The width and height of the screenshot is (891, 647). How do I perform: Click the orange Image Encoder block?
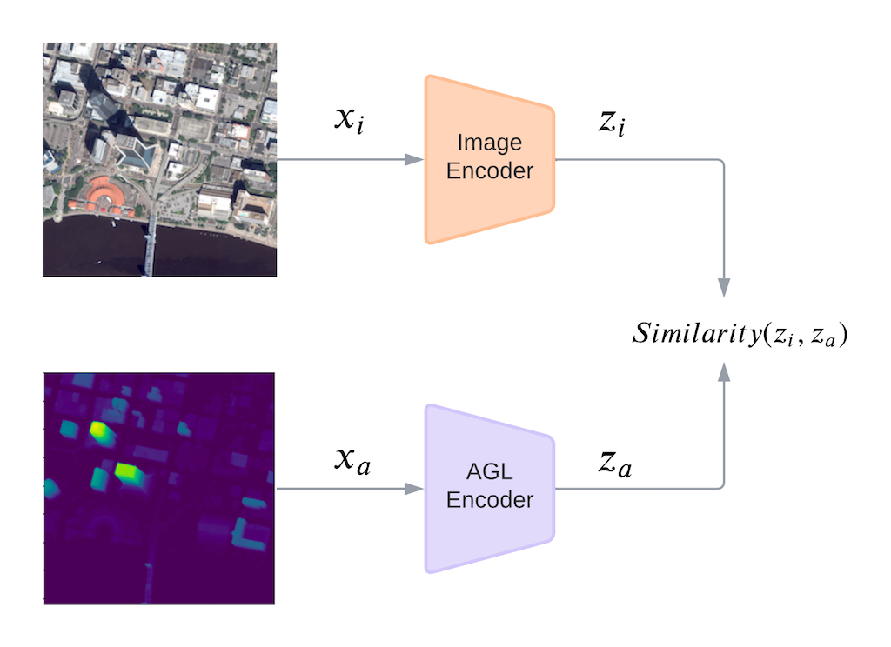tap(489, 158)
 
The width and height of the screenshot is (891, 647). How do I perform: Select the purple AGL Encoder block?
tap(489, 488)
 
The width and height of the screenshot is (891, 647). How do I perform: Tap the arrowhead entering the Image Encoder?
tap(415, 159)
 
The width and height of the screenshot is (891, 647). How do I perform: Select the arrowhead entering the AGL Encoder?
tap(415, 488)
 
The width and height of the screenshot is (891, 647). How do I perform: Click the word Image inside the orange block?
tap(489, 143)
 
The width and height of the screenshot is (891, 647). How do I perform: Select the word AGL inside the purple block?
tap(489, 475)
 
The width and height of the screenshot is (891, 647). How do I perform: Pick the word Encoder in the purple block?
tap(489, 501)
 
